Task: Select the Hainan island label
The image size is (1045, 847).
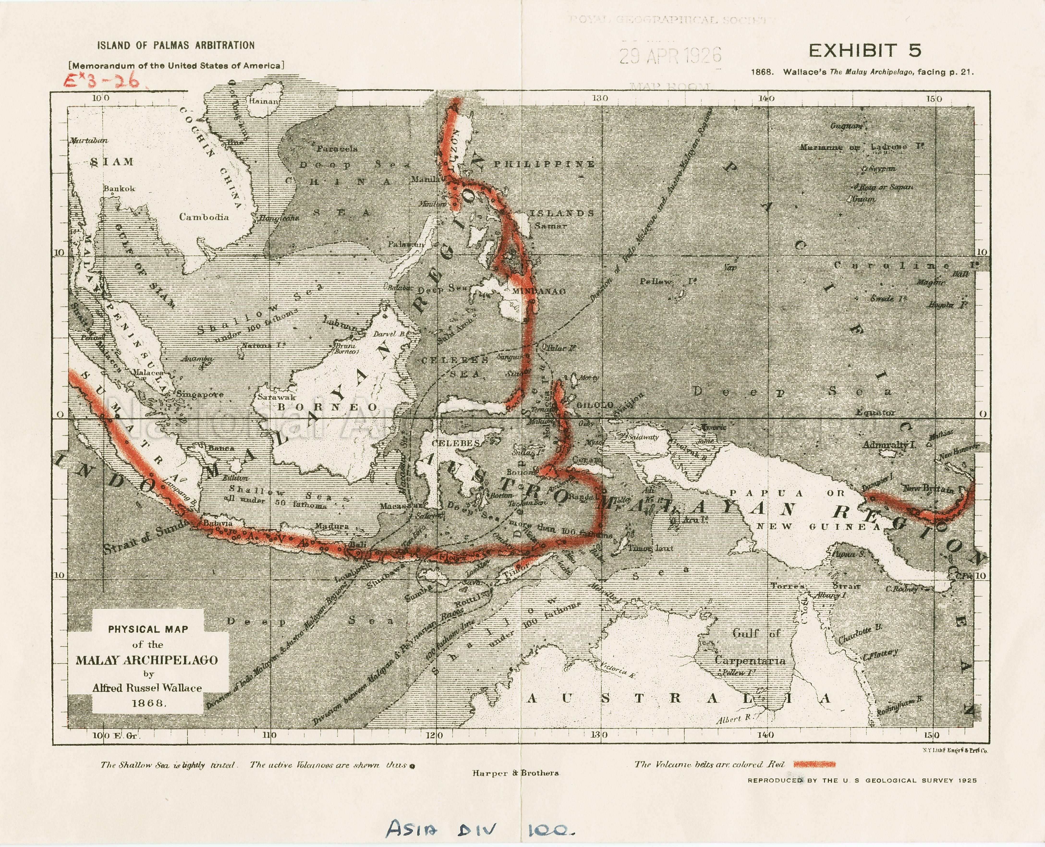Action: [x=264, y=101]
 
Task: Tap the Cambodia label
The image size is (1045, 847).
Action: [x=204, y=217]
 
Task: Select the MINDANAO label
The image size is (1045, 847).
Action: [x=539, y=291]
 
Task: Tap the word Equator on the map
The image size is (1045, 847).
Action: [x=876, y=413]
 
